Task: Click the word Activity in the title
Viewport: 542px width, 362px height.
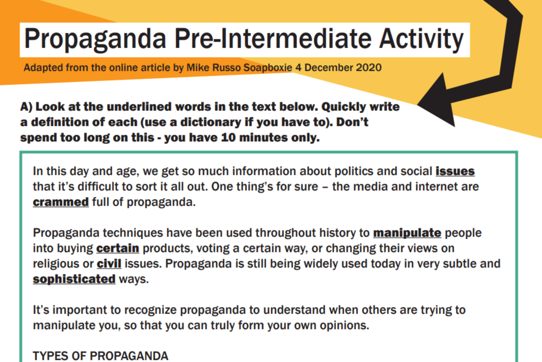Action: tap(421, 39)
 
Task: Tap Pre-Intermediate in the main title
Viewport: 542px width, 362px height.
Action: tap(273, 39)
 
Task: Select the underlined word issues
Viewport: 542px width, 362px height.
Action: tap(455, 171)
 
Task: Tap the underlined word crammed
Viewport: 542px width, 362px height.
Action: tap(61, 202)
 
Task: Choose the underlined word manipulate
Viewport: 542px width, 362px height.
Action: tap(407, 233)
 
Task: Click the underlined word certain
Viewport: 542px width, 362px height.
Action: tap(118, 248)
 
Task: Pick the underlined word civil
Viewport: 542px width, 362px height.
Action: tap(109, 264)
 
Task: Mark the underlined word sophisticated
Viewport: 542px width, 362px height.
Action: tap(74, 279)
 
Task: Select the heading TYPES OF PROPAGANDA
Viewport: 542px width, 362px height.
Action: tap(101, 356)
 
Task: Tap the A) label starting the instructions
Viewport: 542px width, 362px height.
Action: tap(26, 106)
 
